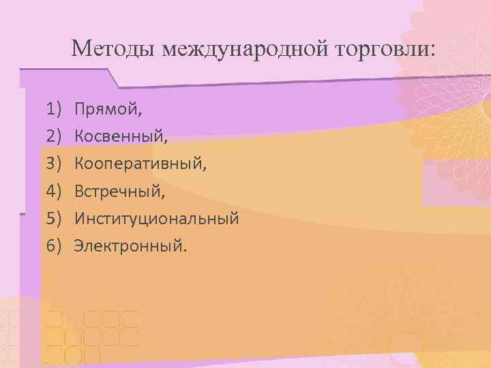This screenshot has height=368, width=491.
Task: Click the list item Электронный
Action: pyautogui.click(x=128, y=245)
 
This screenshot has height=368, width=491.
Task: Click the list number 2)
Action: pyautogui.click(x=55, y=136)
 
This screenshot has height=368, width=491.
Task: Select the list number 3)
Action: pyautogui.click(x=55, y=164)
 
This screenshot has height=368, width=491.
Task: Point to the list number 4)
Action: pyautogui.click(x=55, y=192)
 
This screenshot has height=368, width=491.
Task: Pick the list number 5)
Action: pyautogui.click(x=55, y=219)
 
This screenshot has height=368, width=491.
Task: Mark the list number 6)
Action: pyautogui.click(x=55, y=245)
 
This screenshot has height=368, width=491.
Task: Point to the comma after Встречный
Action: pyautogui.click(x=163, y=197)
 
